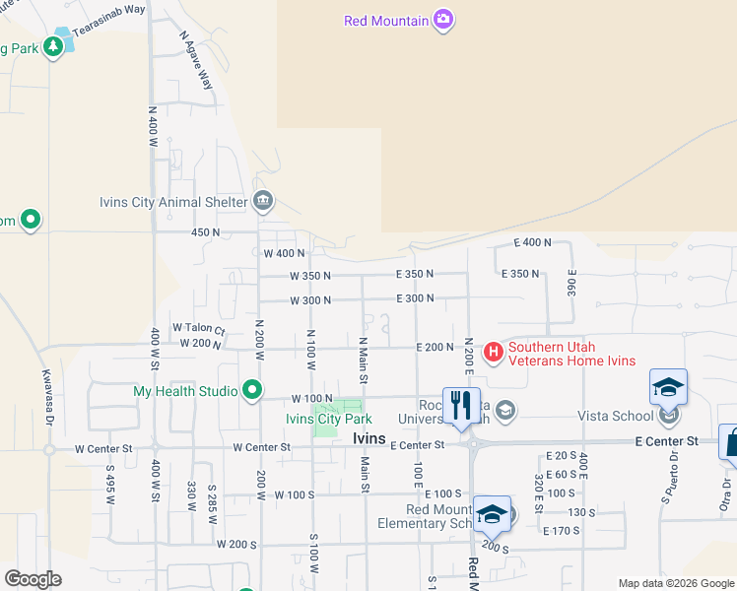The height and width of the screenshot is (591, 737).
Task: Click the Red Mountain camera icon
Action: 443,21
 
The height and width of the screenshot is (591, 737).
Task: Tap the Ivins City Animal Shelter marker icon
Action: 263,203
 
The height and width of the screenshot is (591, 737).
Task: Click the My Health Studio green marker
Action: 252,391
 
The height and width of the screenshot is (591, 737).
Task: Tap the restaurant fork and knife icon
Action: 461,404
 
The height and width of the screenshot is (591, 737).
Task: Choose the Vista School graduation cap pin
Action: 668,387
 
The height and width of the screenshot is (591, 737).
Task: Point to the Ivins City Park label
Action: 328,420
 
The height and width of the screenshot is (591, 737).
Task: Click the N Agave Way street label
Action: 196,59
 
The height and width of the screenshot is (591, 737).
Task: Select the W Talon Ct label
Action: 199,328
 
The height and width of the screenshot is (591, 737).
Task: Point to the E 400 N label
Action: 533,242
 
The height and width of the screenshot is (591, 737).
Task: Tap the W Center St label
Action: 261,447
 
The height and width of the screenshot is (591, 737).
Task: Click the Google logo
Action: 33,579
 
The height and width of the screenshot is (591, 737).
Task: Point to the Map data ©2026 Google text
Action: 675,583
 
